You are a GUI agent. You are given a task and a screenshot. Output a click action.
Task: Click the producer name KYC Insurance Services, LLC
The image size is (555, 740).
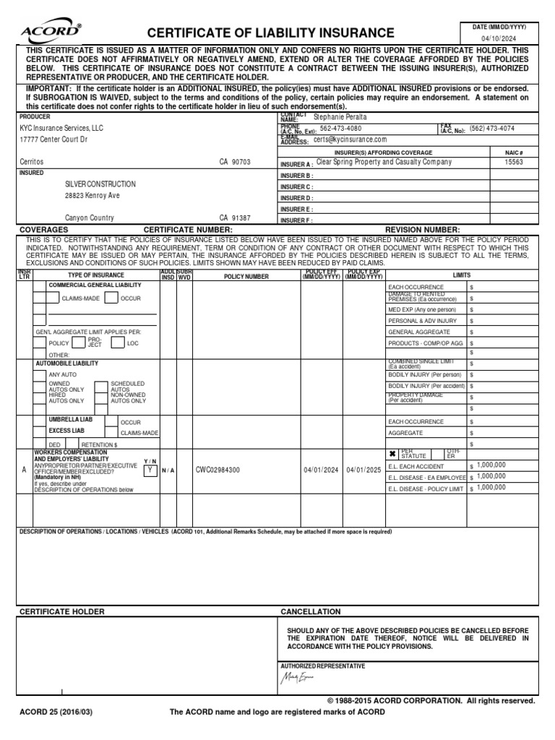point(61,127)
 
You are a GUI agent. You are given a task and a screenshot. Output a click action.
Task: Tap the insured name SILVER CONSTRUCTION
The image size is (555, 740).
point(100,184)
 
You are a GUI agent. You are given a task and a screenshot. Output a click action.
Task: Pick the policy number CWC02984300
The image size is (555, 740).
point(218,469)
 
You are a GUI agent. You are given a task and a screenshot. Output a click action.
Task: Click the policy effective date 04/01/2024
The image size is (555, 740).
point(321,469)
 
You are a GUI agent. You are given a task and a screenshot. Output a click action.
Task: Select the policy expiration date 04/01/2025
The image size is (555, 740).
point(363,469)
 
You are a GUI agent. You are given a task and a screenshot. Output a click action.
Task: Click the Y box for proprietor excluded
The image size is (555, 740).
point(149,469)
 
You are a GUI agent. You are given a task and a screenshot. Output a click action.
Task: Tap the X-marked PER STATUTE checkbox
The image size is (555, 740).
point(392,454)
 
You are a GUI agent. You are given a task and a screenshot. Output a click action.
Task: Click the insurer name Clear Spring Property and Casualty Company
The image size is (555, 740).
point(384,163)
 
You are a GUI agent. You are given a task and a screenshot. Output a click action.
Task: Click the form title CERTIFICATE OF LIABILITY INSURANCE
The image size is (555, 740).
point(271,33)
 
